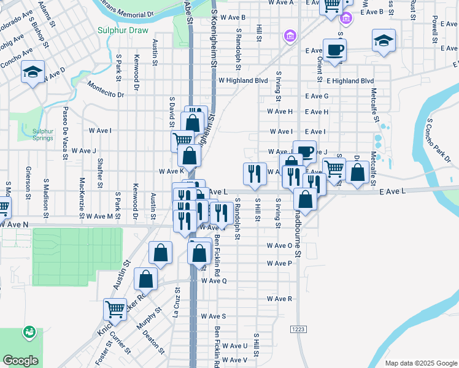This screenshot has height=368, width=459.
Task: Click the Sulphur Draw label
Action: click(122, 29)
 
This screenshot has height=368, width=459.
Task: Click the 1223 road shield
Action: click(298, 329)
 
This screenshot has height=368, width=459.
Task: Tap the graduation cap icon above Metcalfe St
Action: click(384, 40)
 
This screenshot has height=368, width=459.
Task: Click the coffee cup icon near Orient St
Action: click(334, 50)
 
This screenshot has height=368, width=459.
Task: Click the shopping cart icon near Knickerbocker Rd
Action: click(114, 310)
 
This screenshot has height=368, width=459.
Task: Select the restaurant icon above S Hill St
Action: click(255, 174)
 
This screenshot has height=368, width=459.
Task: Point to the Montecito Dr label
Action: click(106, 90)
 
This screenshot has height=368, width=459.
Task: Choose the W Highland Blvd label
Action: click(244, 80)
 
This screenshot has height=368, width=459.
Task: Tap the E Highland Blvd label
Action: click(350, 80)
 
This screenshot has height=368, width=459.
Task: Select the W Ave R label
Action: click(279, 299)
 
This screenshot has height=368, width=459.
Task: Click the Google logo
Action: click(20, 361)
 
